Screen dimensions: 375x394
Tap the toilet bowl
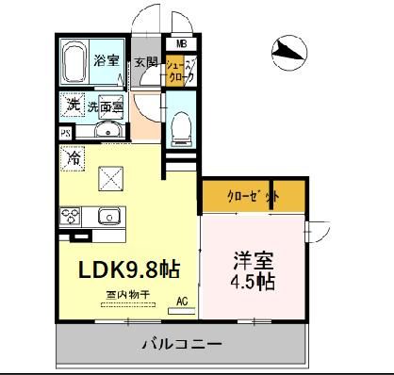pyautogui.click(x=182, y=126)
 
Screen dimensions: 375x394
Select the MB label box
pyautogui.click(x=179, y=44)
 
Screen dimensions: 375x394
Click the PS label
pyautogui.click(x=66, y=134)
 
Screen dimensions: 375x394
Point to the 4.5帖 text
pyautogui.click(x=254, y=282)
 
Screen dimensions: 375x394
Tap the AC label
pyautogui.click(x=183, y=302)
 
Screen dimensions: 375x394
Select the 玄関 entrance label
pyautogui.click(x=145, y=64)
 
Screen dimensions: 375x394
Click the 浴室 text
pyautogui.click(x=106, y=62)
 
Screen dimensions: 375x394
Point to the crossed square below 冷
pyautogui.click(x=114, y=175)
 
